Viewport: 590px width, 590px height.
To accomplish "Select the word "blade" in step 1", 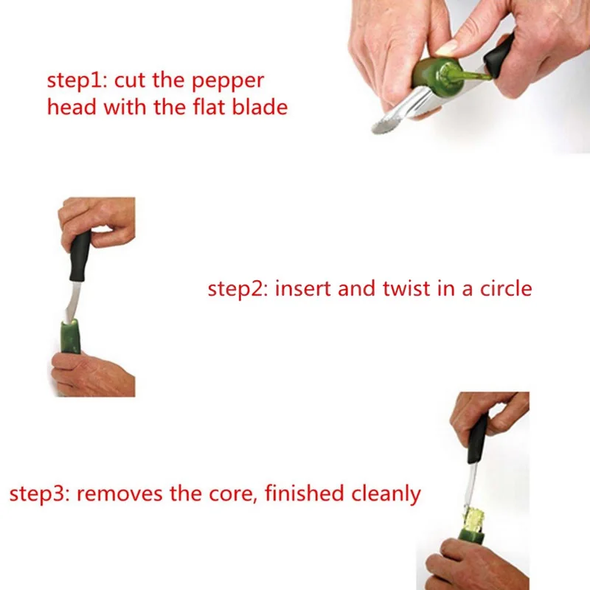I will (x=258, y=107).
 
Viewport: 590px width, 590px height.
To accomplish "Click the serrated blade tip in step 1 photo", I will (x=387, y=125).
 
